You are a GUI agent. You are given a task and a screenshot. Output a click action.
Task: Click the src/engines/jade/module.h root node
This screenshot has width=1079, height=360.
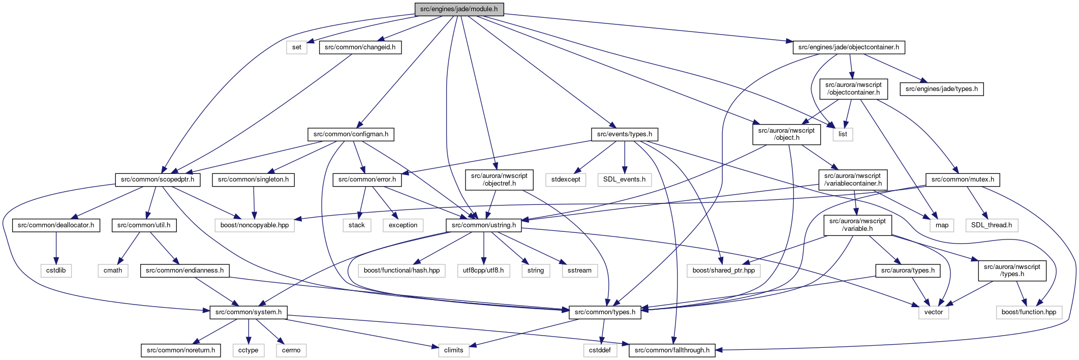pyautogui.click(x=459, y=9)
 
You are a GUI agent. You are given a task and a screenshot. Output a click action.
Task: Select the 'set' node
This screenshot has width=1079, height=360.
pyautogui.click(x=297, y=47)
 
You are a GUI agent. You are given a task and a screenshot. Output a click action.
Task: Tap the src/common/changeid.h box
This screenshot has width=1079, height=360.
pyautogui.click(x=360, y=47)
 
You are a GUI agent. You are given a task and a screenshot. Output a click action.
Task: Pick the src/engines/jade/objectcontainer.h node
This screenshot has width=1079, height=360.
pyautogui.click(x=849, y=47)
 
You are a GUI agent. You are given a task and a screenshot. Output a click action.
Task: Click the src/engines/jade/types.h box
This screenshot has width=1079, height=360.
pyautogui.click(x=942, y=89)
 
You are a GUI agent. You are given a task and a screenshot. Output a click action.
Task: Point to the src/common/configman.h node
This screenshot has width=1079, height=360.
pyautogui.click(x=351, y=134)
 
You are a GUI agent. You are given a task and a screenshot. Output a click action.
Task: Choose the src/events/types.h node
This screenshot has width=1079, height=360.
pyautogui.click(x=625, y=134)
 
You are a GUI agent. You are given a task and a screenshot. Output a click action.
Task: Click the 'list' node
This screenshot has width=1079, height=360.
pyautogui.click(x=843, y=134)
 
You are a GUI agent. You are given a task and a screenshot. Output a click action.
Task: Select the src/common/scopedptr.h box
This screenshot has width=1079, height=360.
pyautogui.click(x=158, y=179)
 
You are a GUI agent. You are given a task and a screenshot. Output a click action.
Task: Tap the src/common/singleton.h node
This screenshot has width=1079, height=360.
pyautogui.click(x=253, y=179)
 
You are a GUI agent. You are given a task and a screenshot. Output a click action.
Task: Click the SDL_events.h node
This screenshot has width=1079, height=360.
pyautogui.click(x=624, y=179)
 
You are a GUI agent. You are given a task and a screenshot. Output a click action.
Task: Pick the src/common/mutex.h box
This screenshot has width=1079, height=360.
pyautogui.click(x=963, y=179)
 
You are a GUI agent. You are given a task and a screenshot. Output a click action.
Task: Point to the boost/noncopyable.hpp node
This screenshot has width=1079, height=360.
pyautogui.click(x=255, y=225)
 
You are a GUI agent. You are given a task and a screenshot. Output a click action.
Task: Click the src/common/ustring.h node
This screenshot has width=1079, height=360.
pyautogui.click(x=484, y=225)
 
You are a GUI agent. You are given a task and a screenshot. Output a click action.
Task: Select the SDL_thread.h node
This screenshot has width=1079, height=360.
pyautogui.click(x=992, y=225)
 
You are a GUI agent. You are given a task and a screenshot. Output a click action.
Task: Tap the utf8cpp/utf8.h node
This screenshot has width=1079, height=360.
pyautogui.click(x=483, y=271)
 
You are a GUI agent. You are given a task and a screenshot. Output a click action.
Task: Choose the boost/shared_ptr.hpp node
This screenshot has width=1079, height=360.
pyautogui.click(x=724, y=271)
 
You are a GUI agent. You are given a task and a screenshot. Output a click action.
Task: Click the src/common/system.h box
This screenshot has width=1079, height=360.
pyautogui.click(x=249, y=312)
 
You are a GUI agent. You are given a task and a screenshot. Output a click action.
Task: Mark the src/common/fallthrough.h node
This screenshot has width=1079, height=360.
pyautogui.click(x=672, y=350)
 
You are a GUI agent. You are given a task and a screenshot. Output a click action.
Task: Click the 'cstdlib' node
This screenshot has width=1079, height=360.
pyautogui.click(x=56, y=271)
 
